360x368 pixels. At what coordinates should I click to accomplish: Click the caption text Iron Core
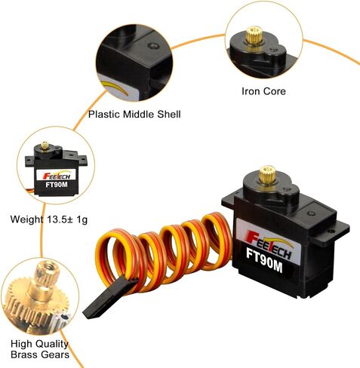263,91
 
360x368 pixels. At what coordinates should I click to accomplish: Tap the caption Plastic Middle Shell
134,115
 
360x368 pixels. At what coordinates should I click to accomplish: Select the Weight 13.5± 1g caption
49,219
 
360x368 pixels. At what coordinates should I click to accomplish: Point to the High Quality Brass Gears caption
40,349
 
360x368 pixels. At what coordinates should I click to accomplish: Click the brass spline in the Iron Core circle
254,35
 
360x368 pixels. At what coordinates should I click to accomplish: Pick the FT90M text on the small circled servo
57,185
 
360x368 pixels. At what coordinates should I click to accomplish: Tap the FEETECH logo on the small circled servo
57,176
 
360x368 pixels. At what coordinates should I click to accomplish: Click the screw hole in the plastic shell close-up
153,46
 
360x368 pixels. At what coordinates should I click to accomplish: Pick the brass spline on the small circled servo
45,146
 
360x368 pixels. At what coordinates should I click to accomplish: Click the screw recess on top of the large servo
311,213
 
